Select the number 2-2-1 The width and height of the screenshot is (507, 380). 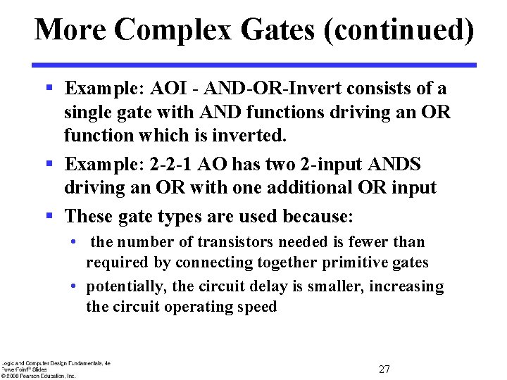170,165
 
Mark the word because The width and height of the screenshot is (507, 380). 315,215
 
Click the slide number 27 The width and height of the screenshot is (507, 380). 384,369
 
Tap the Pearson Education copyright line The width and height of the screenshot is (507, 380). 38,376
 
